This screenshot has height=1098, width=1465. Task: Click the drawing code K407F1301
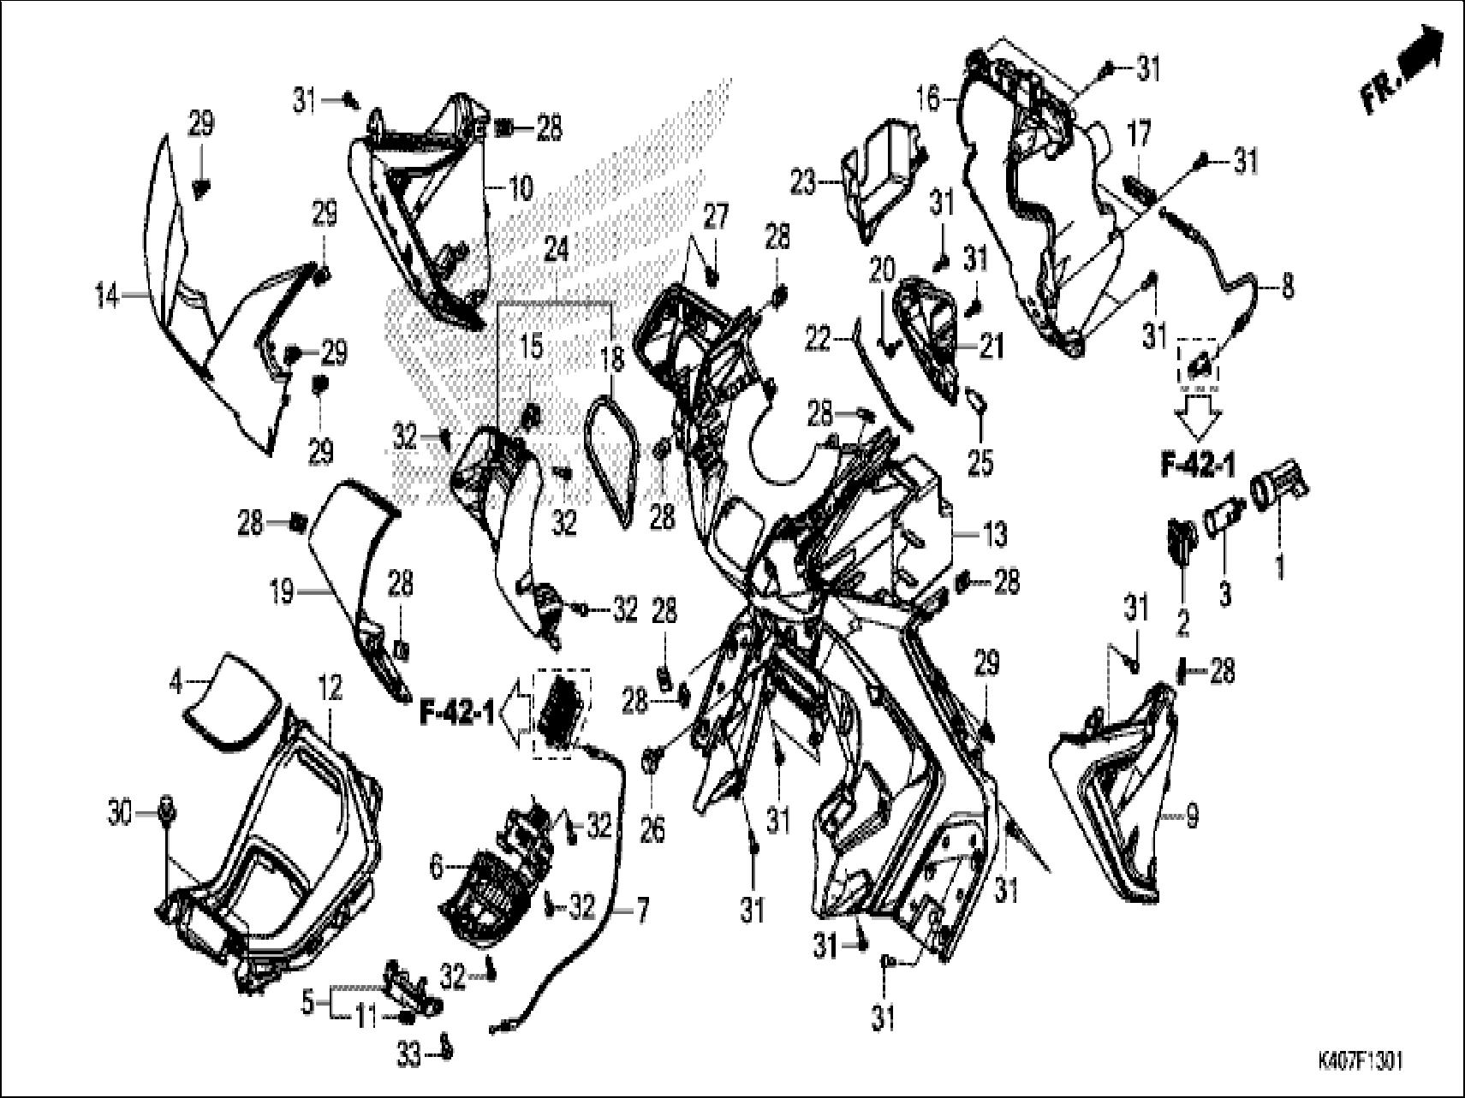tap(1361, 1060)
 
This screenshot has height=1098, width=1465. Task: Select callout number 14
tap(108, 298)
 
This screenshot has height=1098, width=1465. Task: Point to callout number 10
tap(520, 187)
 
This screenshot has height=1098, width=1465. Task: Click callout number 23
tap(803, 181)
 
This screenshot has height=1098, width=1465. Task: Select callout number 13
tap(995, 536)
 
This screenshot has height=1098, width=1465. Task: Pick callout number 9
tap(1191, 817)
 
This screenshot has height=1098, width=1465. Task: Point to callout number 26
tap(652, 830)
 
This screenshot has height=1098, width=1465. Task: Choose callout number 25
tap(980, 462)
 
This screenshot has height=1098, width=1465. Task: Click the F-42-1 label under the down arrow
tap(1198, 466)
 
